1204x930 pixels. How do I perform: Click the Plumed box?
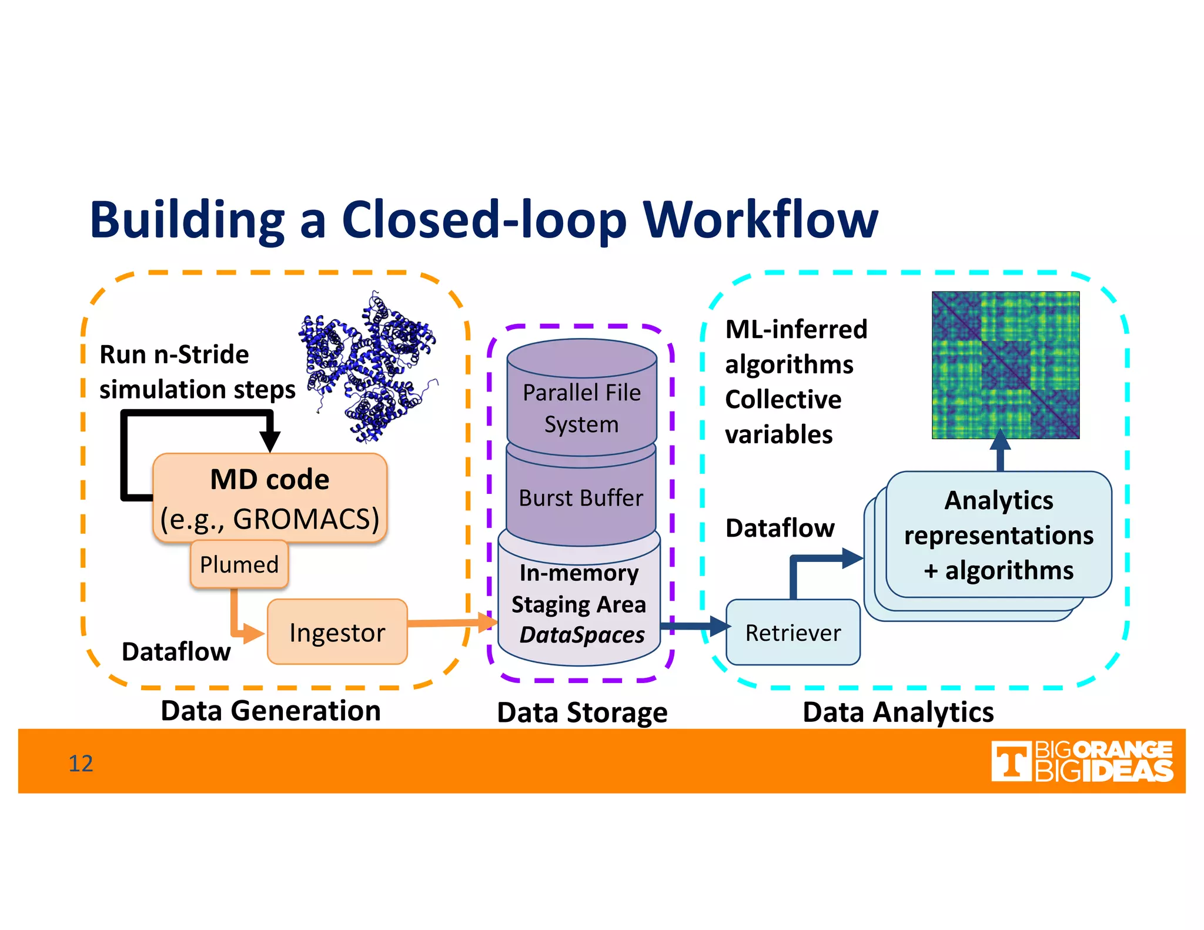click(x=239, y=564)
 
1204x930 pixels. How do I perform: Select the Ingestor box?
click(x=337, y=633)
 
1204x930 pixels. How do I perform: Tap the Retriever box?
click(x=792, y=633)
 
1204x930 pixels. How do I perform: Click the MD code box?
click(x=270, y=497)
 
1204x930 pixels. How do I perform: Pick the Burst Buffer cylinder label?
click(x=581, y=498)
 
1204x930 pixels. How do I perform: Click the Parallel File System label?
click(x=581, y=408)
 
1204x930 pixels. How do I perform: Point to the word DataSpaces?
click(x=582, y=635)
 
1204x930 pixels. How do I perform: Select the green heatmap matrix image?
click(x=1005, y=365)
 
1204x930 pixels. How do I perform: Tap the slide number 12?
click(x=81, y=763)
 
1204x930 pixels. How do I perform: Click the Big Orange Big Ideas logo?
click(x=1081, y=761)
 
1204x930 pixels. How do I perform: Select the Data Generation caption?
click(x=270, y=711)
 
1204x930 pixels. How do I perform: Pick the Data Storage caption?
click(x=582, y=712)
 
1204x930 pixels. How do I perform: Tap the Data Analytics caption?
click(x=898, y=712)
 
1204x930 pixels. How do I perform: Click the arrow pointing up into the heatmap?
click(x=1000, y=450)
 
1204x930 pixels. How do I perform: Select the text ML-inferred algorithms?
click(x=795, y=347)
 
